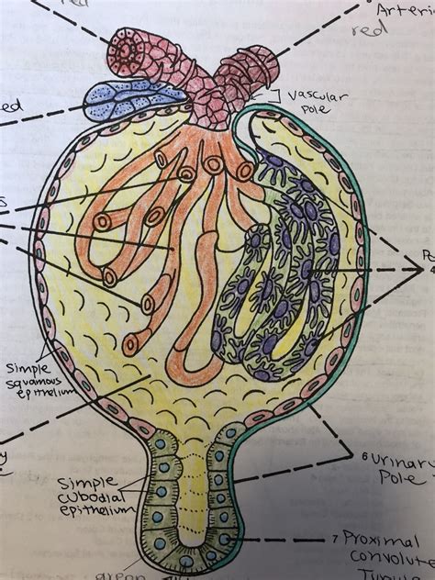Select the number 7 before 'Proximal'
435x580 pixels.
tap(337, 535)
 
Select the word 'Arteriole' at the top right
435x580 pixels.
tap(404, 11)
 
